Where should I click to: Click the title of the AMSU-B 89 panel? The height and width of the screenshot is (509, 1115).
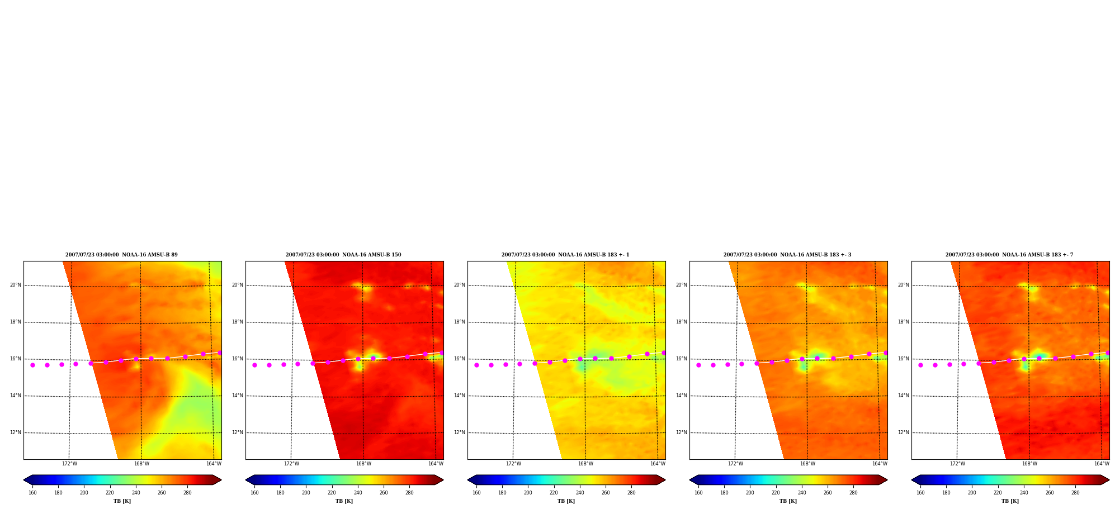[121, 255]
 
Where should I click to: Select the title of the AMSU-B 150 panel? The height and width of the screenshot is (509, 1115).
[343, 255]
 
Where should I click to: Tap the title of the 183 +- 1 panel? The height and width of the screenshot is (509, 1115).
[565, 255]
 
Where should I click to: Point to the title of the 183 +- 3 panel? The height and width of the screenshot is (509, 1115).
[787, 255]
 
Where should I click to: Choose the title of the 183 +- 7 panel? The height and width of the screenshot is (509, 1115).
[1009, 255]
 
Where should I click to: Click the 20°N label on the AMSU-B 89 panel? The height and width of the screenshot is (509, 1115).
[15, 285]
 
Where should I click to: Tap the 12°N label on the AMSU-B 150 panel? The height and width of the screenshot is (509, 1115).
[237, 432]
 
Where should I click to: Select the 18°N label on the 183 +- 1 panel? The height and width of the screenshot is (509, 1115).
[459, 322]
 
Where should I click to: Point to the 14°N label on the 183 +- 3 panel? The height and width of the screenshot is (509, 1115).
[681, 396]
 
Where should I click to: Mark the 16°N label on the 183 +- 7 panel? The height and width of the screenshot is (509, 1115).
[903, 359]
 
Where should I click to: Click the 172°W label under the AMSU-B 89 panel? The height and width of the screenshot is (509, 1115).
[69, 464]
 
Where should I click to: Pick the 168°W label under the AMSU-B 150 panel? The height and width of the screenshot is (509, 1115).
[363, 464]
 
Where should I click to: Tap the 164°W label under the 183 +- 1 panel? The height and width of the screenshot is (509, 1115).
[658, 464]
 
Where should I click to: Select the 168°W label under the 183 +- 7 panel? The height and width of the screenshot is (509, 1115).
[1029, 464]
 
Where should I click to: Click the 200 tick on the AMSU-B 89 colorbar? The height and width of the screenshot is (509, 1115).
[84, 492]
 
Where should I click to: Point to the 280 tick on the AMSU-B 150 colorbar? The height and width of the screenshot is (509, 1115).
[409, 492]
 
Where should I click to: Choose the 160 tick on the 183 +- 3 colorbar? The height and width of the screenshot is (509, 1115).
[698, 492]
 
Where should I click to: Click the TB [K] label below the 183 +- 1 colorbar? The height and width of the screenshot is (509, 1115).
[566, 501]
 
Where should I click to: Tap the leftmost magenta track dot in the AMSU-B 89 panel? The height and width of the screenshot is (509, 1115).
[32, 365]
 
